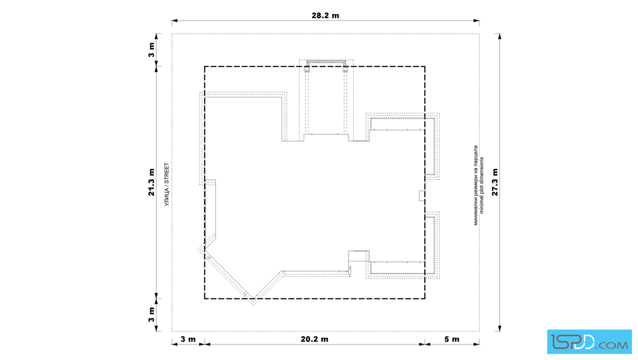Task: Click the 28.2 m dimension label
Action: [325, 16]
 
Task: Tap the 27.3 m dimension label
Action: [495, 182]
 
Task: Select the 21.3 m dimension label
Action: [152, 182]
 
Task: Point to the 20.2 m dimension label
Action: [314, 339]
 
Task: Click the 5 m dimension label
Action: [452, 339]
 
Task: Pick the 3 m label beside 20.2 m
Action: [188, 339]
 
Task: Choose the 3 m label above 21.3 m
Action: [152, 50]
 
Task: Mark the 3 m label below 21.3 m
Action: [152, 314]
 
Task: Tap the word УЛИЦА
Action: [166, 197]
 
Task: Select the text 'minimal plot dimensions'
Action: [482, 186]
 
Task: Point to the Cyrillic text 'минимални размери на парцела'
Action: [476, 186]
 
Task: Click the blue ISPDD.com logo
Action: [589, 342]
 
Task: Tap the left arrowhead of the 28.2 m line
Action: [174, 21]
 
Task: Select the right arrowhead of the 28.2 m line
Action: [476, 21]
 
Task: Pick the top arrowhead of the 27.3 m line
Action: [500, 36]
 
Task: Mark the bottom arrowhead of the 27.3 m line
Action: [500, 328]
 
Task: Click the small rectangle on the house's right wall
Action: [422, 195]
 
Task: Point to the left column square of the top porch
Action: [306, 69]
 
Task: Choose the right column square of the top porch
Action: [345, 69]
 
